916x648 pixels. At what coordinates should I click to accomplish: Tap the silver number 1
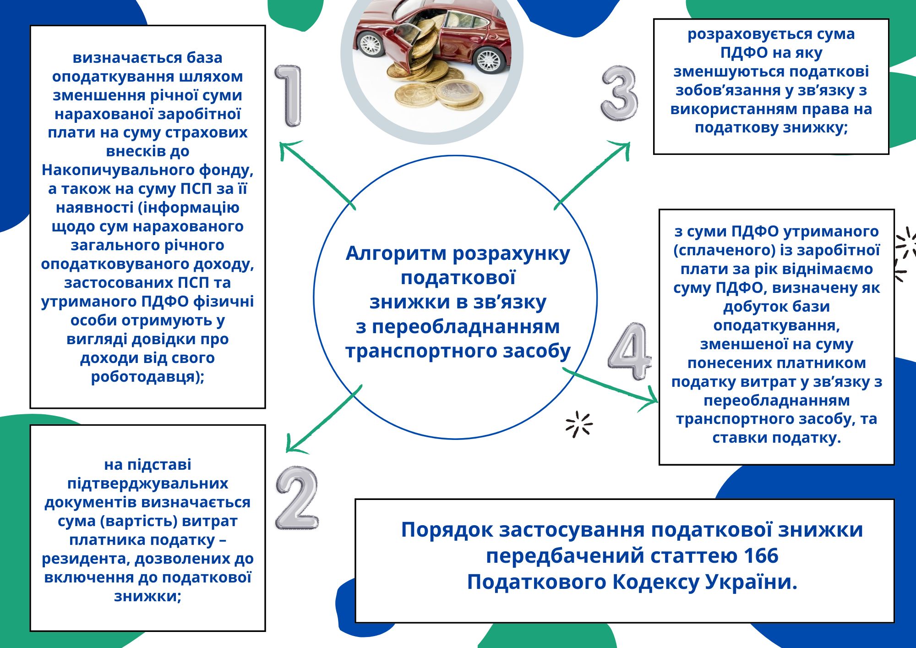point(289,95)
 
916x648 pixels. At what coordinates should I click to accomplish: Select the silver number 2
point(297,498)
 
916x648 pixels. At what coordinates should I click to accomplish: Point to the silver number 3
point(619,93)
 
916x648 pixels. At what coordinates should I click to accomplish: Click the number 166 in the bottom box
point(761,556)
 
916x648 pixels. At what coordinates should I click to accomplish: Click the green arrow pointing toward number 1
point(317,174)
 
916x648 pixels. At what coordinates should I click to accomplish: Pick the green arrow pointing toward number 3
point(592,175)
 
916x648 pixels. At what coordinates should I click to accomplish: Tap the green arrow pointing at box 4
point(611,385)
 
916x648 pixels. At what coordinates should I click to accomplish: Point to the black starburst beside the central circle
point(579,424)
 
